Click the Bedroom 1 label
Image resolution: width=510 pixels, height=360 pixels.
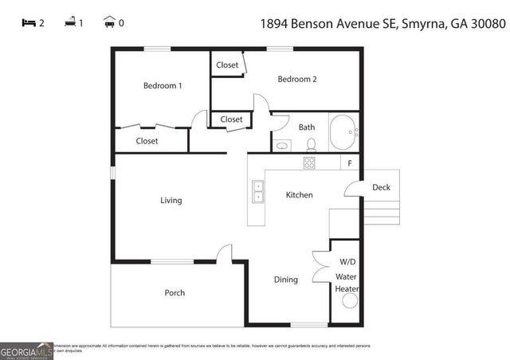tap(163, 85)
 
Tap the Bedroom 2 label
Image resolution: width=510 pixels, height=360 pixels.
tap(297, 79)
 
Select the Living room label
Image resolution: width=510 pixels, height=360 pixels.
tap(171, 200)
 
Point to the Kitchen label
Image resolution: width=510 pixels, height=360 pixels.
tap(300, 195)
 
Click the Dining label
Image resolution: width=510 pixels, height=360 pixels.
tap(286, 280)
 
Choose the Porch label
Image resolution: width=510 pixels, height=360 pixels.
tap(175, 293)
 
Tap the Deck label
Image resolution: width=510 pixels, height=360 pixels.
tap(382, 188)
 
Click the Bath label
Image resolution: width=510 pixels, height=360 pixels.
tap(307, 127)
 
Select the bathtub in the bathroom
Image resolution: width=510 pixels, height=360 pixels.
tap(344, 132)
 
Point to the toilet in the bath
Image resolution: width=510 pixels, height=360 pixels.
tap(312, 144)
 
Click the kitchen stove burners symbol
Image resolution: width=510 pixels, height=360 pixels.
tap(309, 162)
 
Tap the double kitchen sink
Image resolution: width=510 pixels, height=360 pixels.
tap(258, 192)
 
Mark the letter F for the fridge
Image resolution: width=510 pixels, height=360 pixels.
tap(349, 162)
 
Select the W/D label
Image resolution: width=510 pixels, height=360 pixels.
tap(347, 261)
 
